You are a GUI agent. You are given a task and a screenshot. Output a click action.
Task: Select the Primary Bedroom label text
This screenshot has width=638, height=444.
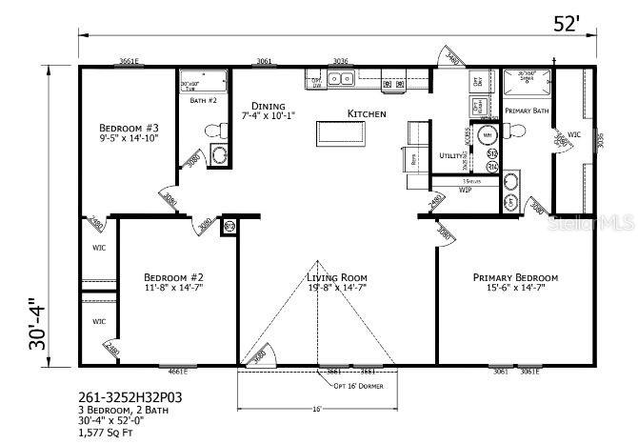(x=515, y=277)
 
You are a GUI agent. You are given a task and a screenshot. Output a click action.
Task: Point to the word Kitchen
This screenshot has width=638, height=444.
(x=367, y=114)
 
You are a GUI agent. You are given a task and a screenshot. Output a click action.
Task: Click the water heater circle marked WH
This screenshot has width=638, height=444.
(x=487, y=135)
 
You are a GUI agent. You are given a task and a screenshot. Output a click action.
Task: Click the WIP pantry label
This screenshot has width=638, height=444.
(x=466, y=190)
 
